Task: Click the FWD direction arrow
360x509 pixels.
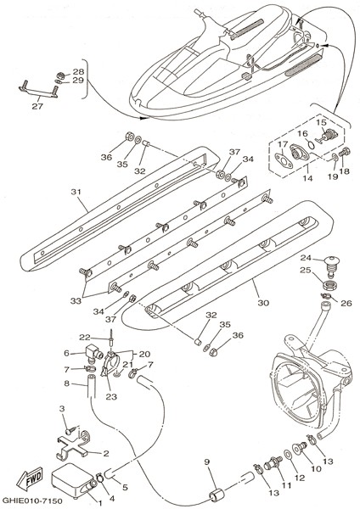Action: tap(30, 479)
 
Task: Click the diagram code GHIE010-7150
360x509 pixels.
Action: tap(32, 501)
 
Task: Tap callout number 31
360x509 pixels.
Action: tap(76, 193)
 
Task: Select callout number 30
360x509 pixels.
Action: tap(263, 303)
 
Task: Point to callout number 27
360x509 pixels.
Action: tap(37, 106)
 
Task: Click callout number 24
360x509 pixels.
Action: tap(306, 258)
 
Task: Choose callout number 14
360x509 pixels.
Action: tap(307, 178)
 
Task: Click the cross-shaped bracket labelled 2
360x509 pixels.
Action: tap(73, 447)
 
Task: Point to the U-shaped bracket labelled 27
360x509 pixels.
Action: tap(37, 90)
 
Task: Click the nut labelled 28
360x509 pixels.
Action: tap(59, 76)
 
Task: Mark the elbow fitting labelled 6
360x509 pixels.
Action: tap(93, 353)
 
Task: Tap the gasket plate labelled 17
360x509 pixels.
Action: tap(284, 161)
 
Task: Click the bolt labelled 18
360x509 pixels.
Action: tap(345, 152)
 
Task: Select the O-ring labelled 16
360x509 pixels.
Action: tap(310, 144)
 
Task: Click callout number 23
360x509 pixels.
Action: tap(111, 396)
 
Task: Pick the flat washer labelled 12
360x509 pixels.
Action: tap(288, 455)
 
